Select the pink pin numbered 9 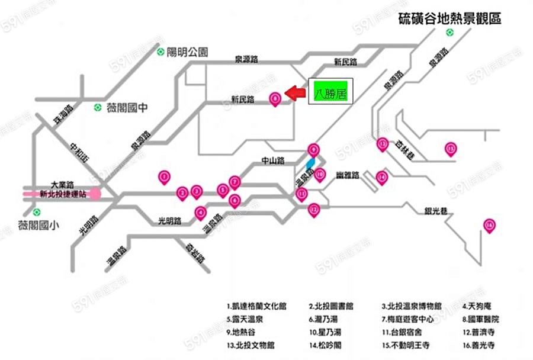click(314, 150)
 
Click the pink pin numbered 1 click(164, 176)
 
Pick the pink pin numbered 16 click(489, 225)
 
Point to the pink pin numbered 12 click(314, 209)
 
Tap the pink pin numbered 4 click(201, 212)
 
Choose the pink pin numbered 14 click(382, 176)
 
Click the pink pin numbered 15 click(452, 149)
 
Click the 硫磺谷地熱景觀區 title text click(450, 18)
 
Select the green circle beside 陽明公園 click(160, 52)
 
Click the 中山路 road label click(273, 160)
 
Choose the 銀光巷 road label click(436, 211)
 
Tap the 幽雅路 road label click(348, 175)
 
